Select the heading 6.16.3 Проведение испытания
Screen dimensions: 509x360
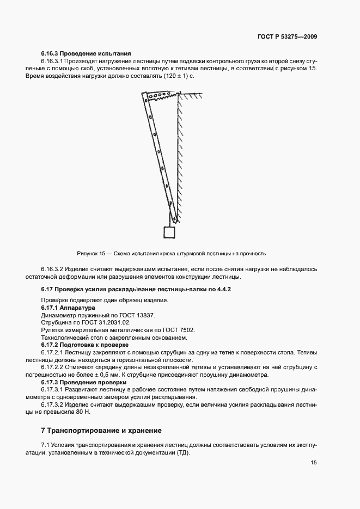tap(86, 53)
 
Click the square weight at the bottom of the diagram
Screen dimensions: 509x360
tap(170, 232)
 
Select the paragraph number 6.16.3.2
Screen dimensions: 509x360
tap(55, 269)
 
